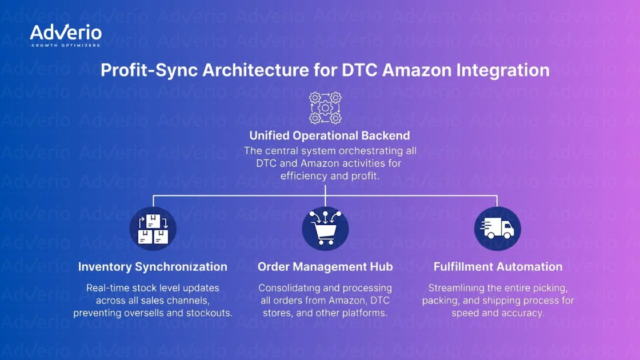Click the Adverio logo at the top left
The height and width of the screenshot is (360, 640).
click(65, 33)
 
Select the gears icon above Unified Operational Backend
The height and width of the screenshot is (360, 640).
click(325, 107)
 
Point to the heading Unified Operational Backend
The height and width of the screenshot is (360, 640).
click(330, 136)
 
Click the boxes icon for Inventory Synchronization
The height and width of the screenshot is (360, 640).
click(153, 229)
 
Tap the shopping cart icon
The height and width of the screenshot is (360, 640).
click(325, 229)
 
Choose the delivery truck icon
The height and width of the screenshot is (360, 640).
click(497, 229)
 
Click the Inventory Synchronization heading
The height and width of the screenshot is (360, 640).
click(153, 267)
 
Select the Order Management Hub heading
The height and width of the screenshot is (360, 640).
click(325, 267)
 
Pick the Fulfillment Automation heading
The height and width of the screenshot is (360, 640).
click(497, 267)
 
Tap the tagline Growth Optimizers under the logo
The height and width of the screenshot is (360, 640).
click(65, 45)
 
